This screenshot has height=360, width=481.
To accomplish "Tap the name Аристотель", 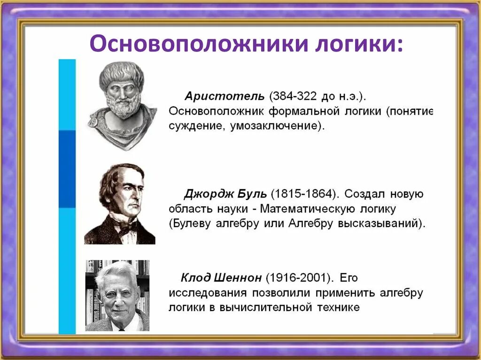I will click(x=225, y=96).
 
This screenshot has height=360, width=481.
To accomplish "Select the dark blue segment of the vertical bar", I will click(x=67, y=169).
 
